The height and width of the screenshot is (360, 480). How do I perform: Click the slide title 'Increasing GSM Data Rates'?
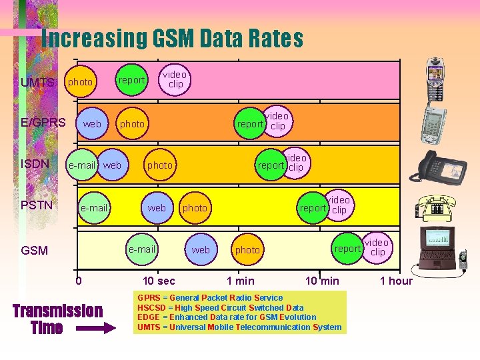(172, 39)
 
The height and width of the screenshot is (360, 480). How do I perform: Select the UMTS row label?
(37, 83)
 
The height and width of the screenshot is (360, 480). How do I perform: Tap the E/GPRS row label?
(43, 122)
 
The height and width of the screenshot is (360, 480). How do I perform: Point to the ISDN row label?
(35, 163)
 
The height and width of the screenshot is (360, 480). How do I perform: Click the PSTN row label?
(37, 205)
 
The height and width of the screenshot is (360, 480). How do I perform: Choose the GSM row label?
(35, 251)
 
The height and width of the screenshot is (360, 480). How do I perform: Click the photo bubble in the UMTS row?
(81, 81)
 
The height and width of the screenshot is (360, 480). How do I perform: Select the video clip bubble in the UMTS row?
(175, 79)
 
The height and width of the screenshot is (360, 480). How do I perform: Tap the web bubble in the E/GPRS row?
(92, 124)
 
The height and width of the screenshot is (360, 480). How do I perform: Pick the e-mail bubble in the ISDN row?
(82, 165)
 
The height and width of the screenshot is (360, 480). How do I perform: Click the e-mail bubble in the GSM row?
(142, 249)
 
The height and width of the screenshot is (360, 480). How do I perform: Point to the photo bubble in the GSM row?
(247, 250)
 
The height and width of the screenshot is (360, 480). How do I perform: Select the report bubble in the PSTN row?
(313, 208)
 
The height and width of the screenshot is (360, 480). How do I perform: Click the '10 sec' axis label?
(159, 281)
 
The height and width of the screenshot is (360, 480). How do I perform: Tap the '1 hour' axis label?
(396, 281)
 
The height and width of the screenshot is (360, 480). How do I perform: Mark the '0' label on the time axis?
(79, 281)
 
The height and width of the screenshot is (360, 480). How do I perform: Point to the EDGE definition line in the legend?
(227, 317)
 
